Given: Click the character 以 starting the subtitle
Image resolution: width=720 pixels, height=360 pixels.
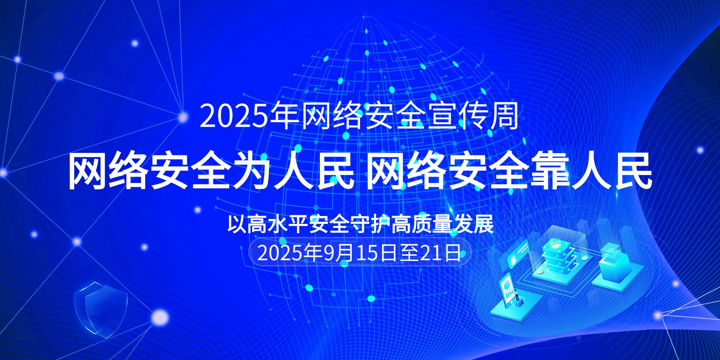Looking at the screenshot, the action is pyautogui.click(x=237, y=224).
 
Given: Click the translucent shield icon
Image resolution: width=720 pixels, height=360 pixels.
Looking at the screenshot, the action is pyautogui.click(x=101, y=309).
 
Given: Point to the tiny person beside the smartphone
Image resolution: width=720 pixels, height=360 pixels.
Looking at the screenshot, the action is pyautogui.click(x=517, y=295).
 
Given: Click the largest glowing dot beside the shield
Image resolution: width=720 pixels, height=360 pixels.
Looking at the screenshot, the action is pyautogui.click(x=160, y=317).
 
